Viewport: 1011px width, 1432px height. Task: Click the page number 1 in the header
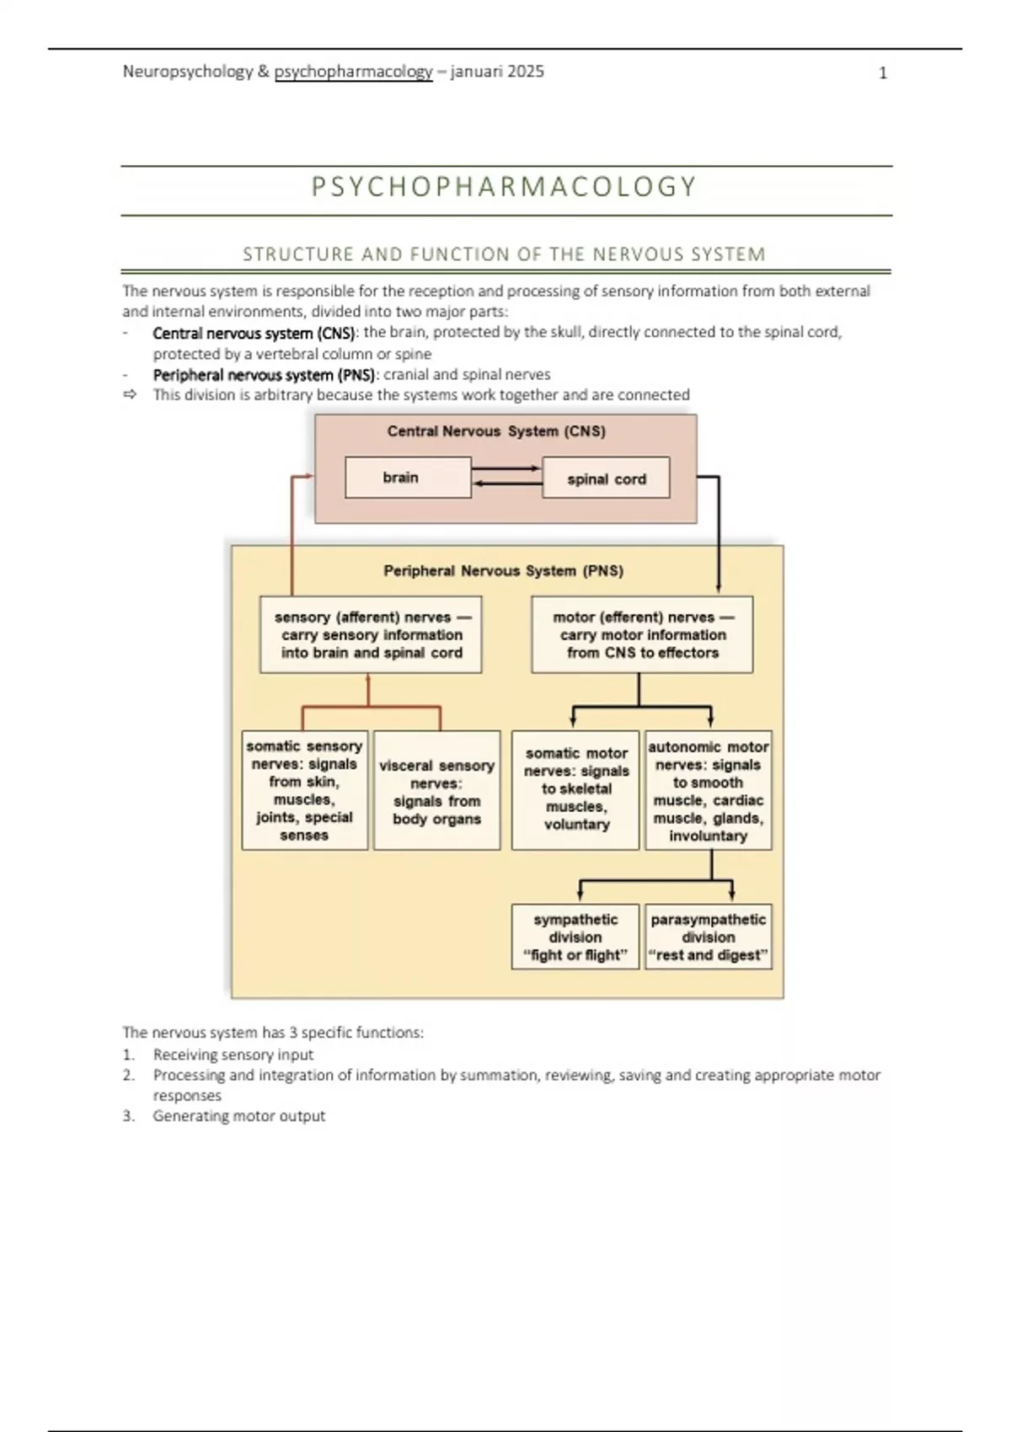(x=883, y=73)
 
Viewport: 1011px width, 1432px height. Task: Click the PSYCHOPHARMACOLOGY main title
(x=505, y=186)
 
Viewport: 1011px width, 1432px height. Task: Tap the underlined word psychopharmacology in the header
(x=353, y=72)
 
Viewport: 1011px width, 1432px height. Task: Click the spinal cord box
(x=606, y=478)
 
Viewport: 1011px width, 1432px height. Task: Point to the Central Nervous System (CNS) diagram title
(x=496, y=431)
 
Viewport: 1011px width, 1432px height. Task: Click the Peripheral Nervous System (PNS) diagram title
(x=503, y=571)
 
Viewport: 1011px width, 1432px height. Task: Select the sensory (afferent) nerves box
(x=371, y=635)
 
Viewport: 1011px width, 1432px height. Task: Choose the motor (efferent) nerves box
(x=642, y=635)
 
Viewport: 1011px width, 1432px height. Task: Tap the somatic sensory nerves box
(x=304, y=790)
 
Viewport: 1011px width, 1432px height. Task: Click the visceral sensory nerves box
(x=436, y=791)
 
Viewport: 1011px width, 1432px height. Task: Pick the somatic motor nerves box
(x=575, y=789)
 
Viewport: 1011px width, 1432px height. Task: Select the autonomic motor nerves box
(x=708, y=790)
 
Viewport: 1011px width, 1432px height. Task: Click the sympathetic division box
(x=575, y=937)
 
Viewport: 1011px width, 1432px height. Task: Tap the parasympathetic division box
(x=708, y=937)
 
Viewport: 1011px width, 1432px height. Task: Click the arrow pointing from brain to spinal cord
(x=505, y=468)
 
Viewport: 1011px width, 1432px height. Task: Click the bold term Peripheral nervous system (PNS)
(x=264, y=375)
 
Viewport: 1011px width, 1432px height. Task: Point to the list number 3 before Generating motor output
(x=128, y=1116)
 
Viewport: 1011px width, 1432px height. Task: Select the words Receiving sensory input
(x=233, y=1055)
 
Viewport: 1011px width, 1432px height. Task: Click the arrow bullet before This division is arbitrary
(x=130, y=395)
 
